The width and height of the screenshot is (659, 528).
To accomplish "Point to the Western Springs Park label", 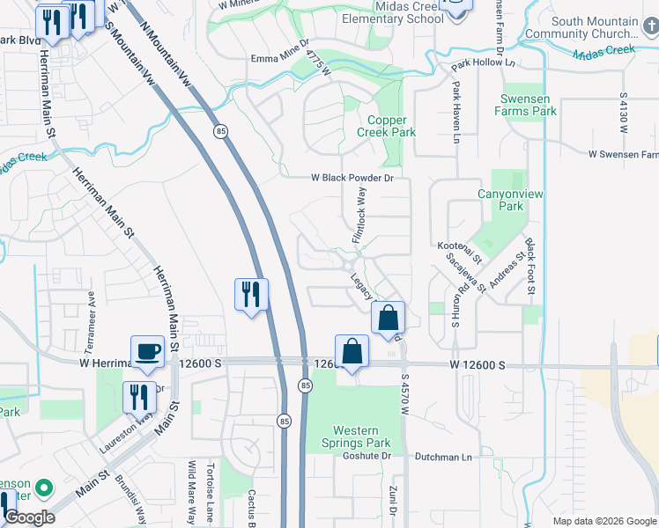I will [x=356, y=437].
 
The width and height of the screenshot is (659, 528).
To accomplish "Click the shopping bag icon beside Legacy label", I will [x=388, y=318].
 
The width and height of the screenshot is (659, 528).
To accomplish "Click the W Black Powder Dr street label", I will [x=351, y=177].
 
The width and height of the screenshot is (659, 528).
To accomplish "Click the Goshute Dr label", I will [x=366, y=456].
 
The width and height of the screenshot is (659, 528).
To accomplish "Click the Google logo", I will [x=28, y=517].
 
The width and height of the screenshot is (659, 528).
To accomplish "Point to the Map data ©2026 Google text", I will [x=603, y=521].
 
